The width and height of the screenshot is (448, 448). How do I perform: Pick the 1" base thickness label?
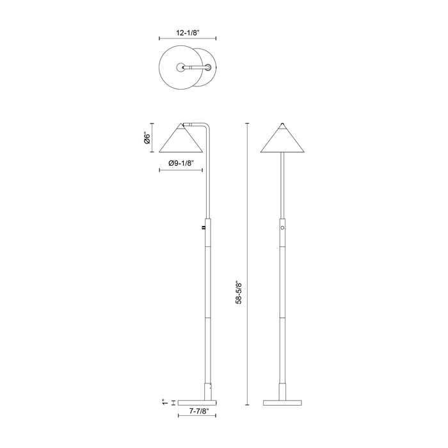(x=164, y=403)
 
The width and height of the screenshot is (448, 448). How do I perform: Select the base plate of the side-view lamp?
(x=197, y=403)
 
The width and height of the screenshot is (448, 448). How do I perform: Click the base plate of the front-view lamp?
(x=282, y=403)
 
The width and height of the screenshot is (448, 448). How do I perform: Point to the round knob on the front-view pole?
(x=282, y=228)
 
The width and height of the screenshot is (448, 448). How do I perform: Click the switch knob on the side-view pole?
(x=204, y=227)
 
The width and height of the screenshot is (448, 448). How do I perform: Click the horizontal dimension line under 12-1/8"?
(x=187, y=38)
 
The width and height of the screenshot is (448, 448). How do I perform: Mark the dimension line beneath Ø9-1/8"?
(x=181, y=172)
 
